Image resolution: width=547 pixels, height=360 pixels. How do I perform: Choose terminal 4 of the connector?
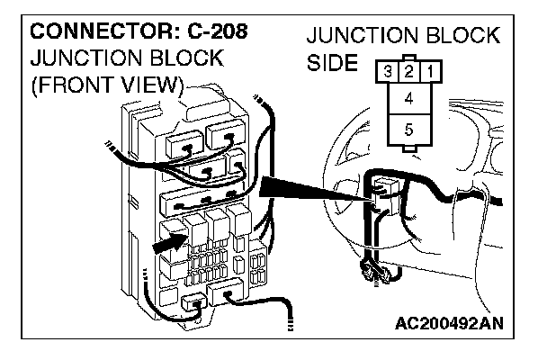(x=408, y=97)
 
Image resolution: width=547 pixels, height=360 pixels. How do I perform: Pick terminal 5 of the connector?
(x=408, y=130)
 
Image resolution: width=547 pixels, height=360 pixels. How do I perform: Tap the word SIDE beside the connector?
(x=334, y=67)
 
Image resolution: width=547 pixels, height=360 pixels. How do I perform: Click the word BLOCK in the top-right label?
(x=461, y=38)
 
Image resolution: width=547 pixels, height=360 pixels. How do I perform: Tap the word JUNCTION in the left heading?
(x=83, y=58)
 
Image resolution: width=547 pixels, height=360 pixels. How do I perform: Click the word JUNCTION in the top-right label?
(x=360, y=38)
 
